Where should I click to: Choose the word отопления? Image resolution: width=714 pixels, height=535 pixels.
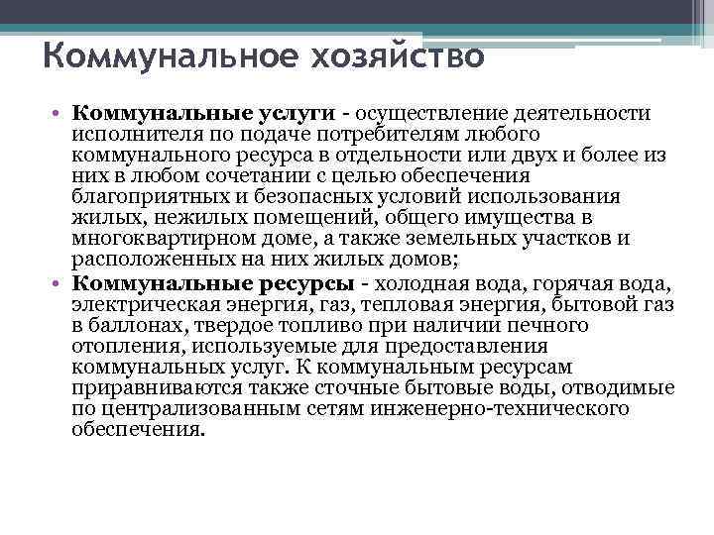point(118,345)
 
